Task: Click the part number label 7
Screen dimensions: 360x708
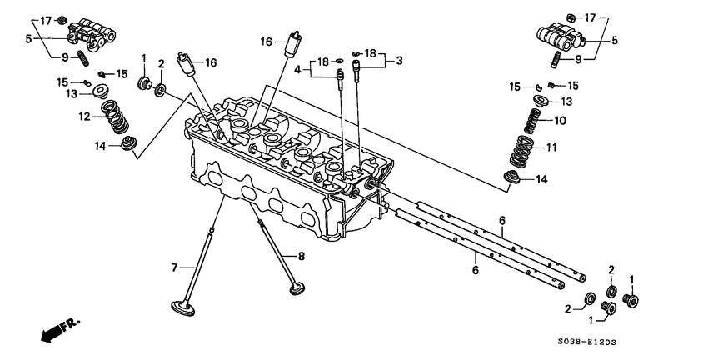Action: pyautogui.click(x=175, y=267)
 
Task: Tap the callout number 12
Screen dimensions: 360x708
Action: pyautogui.click(x=84, y=117)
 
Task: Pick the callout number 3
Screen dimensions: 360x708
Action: pyautogui.click(x=399, y=60)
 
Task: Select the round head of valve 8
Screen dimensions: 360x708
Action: pyautogui.click(x=297, y=290)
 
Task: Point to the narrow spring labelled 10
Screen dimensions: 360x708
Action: pyautogui.click(x=531, y=121)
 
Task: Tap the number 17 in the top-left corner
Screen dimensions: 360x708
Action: pyautogui.click(x=45, y=19)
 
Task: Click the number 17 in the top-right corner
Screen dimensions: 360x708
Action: pyautogui.click(x=590, y=18)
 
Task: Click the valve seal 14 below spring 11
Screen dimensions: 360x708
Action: pyautogui.click(x=515, y=177)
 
